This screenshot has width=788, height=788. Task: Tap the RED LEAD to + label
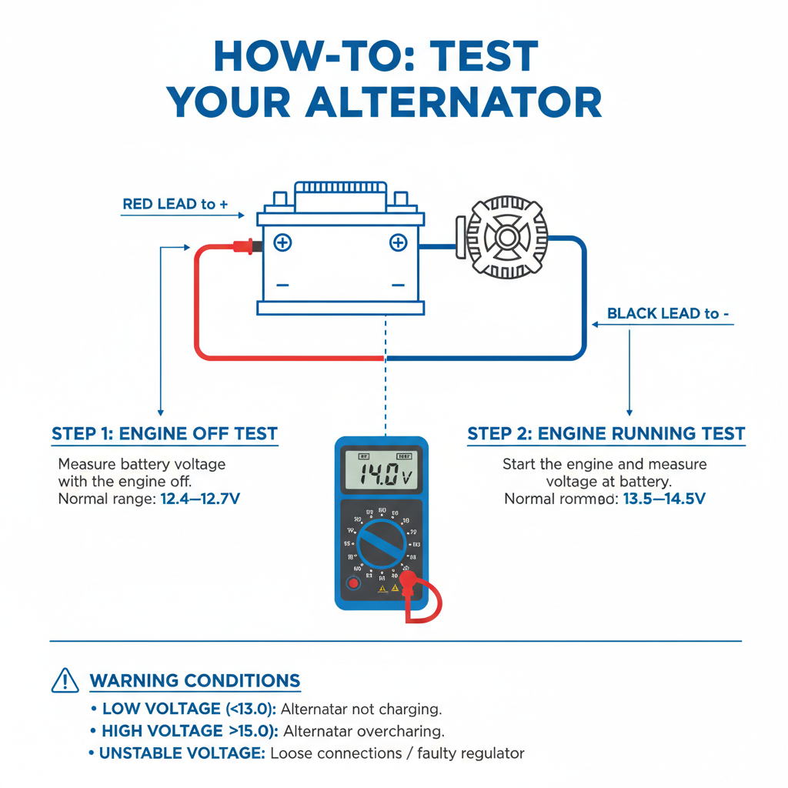pyautogui.click(x=175, y=204)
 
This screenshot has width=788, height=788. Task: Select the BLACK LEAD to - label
pyautogui.click(x=668, y=313)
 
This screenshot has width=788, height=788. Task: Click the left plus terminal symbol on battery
pyautogui.click(x=283, y=243)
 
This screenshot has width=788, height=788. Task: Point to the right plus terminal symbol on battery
pyautogui.click(x=398, y=243)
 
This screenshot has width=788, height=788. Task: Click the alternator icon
pyautogui.click(x=506, y=237)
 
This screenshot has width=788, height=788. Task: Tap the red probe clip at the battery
pyautogui.click(x=242, y=246)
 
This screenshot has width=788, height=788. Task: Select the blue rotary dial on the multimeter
pyautogui.click(x=381, y=543)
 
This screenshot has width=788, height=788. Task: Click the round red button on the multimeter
pyautogui.click(x=353, y=583)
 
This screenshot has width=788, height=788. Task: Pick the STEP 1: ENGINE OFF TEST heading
pyautogui.click(x=165, y=434)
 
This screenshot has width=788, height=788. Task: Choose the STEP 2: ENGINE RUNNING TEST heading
pyautogui.click(x=606, y=434)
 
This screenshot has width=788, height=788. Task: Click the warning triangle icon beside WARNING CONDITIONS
pyautogui.click(x=65, y=681)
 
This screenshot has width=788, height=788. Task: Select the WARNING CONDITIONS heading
pyautogui.click(x=195, y=681)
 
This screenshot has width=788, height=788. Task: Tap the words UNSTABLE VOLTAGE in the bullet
pyautogui.click(x=182, y=753)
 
